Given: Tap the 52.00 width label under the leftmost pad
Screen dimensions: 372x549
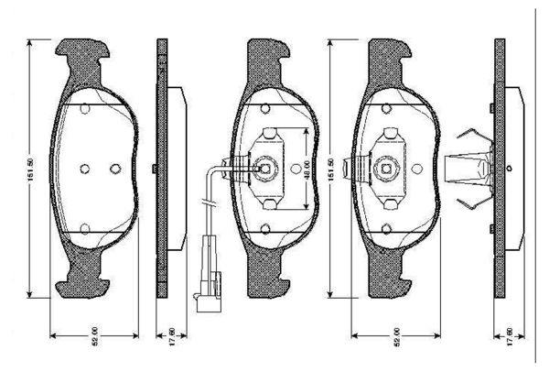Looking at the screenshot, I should click(96, 338).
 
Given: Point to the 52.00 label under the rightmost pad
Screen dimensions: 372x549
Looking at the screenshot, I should click(396, 338).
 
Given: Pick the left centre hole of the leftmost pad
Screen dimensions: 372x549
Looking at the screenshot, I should click(83, 169).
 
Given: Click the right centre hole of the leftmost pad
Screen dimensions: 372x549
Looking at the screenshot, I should click(113, 169).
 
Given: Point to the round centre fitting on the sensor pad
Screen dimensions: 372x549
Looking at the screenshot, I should click(264, 168).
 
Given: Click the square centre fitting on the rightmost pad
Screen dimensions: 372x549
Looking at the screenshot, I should click(385, 168).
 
